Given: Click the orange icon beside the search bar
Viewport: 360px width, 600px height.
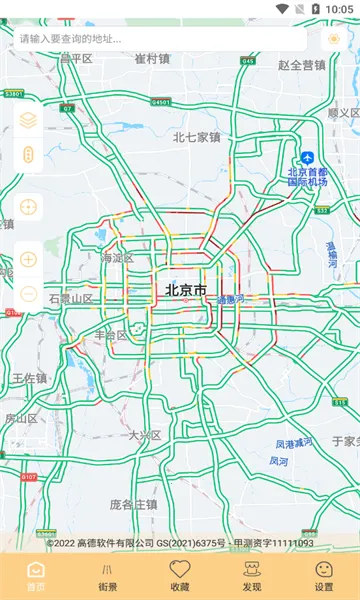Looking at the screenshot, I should [x=334, y=39].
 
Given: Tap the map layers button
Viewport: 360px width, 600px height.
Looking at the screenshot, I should [x=28, y=120].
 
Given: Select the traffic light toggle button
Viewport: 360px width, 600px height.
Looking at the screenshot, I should [x=28, y=156].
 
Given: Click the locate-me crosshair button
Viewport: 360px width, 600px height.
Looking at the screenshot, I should [x=28, y=207].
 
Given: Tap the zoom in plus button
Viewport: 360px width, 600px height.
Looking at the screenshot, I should [x=28, y=259].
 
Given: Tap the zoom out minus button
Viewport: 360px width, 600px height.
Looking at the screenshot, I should [x=28, y=294].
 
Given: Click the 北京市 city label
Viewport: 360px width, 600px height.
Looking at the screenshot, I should [x=186, y=291].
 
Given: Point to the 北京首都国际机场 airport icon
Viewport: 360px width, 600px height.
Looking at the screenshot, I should [x=308, y=158].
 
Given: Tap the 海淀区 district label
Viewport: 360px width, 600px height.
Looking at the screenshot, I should [x=120, y=258].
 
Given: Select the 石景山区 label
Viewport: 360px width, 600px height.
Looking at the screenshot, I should [x=70, y=299].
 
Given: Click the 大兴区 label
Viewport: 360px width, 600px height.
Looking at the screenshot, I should [x=145, y=435].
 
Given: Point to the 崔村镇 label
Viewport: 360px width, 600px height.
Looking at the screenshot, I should [x=153, y=58].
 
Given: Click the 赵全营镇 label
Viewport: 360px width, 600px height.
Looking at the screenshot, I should [x=302, y=65].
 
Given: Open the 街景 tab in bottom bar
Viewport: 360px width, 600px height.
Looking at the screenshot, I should [x=108, y=577].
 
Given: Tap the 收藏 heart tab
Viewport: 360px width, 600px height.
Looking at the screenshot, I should [x=180, y=577].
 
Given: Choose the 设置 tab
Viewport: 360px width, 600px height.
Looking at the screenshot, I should [x=324, y=577].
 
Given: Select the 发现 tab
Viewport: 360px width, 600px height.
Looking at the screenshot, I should [x=252, y=577].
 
